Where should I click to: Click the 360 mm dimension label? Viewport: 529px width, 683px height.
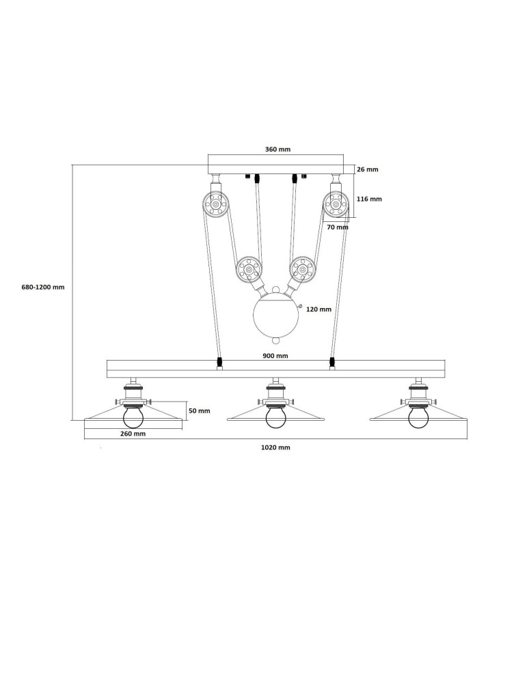point(277,150)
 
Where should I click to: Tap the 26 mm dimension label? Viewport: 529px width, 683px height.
point(367,169)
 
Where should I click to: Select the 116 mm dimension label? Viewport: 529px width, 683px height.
point(369,199)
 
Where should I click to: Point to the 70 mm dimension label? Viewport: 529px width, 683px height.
point(337,227)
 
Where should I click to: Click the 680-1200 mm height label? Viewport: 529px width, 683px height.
point(43,288)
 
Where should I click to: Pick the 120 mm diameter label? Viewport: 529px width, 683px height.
point(318,309)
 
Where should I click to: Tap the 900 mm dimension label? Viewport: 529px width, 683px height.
point(275,356)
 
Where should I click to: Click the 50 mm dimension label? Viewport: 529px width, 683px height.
point(199,411)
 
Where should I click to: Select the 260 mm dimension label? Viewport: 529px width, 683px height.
point(133,434)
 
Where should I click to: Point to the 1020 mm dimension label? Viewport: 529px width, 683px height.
point(276,447)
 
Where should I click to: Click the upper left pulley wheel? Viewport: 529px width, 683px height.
point(216,204)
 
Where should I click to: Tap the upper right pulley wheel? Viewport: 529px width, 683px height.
point(336,204)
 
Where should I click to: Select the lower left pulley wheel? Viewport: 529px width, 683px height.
point(249,270)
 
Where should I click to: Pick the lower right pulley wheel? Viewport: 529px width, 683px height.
point(302,270)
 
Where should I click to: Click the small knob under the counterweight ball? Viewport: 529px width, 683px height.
point(275,340)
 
